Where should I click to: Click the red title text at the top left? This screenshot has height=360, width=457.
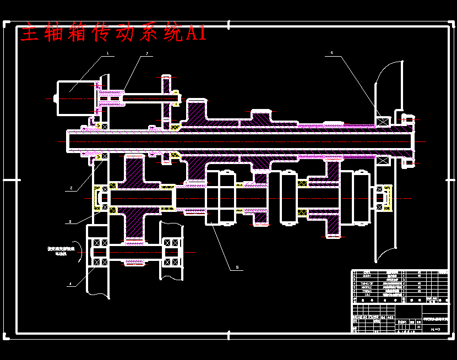(x=113, y=34)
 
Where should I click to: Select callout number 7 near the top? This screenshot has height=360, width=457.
(x=148, y=54)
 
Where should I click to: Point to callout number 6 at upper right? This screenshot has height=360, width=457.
(x=332, y=53)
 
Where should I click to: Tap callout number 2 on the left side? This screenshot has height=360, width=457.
(x=71, y=188)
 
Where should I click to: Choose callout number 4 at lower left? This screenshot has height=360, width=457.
(x=70, y=285)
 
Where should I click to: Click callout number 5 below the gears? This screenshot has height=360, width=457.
(x=237, y=268)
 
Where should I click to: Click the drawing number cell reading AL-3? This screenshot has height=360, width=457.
(x=434, y=328)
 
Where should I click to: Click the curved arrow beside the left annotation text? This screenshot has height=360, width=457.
(x=79, y=252)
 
